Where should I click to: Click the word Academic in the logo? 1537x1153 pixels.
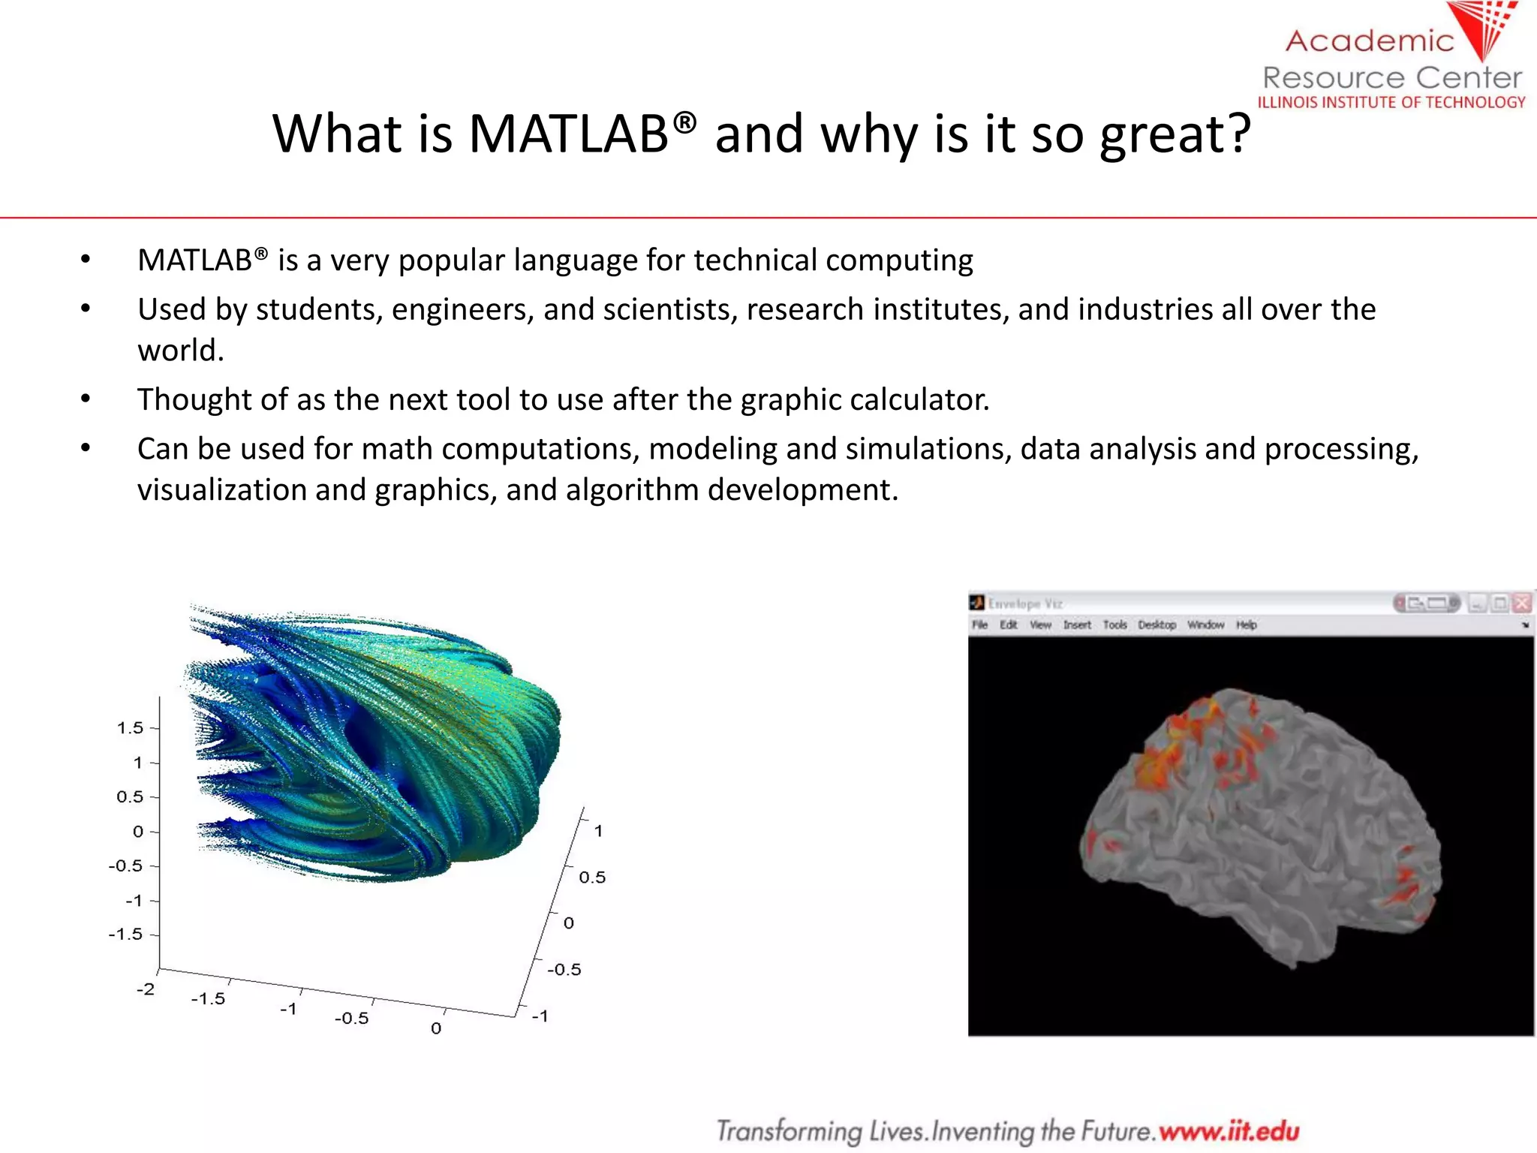(1369, 41)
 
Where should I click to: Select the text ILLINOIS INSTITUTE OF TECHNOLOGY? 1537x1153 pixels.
(1391, 102)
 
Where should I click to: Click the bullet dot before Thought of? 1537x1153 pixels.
(86, 399)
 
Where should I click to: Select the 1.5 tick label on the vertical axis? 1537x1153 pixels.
(129, 727)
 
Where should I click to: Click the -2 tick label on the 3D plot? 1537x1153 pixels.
(145, 989)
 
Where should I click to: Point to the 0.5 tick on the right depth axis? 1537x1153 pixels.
(591, 877)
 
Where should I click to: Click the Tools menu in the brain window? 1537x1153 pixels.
(1114, 625)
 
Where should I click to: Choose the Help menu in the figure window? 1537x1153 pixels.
(1246, 625)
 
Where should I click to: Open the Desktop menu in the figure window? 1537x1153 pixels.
(1157, 625)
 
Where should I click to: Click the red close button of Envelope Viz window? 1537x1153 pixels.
(1521, 603)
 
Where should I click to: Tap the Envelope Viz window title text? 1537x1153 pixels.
(1024, 604)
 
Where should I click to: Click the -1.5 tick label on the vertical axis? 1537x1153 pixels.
(125, 935)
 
